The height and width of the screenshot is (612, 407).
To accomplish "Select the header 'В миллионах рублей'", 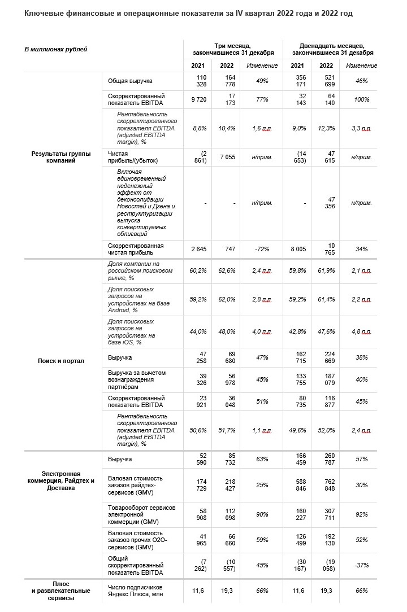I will pyautogui.click(x=56, y=50).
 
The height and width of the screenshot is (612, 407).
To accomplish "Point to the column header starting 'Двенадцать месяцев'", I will pyautogui.click(x=332, y=49).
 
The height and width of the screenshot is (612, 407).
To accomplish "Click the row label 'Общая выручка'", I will pyautogui.click(x=131, y=81).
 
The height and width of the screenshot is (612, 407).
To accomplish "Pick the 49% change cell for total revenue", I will pyautogui.click(x=262, y=81).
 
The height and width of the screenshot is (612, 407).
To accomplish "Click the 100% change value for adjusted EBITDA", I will pyautogui.click(x=361, y=99).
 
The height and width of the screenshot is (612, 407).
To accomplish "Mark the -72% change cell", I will pyautogui.click(x=262, y=249).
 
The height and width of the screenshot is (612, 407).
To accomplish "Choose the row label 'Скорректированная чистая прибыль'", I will pyautogui.click(x=136, y=249).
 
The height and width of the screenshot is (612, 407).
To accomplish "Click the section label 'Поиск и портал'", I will pyautogui.click(x=61, y=361).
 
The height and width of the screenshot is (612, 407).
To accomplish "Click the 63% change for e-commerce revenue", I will pyautogui.click(x=262, y=460).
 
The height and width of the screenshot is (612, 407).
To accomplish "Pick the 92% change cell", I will pyautogui.click(x=361, y=514).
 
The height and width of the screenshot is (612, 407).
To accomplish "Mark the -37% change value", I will pyautogui.click(x=361, y=565).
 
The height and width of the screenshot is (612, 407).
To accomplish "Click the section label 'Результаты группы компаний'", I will pyautogui.click(x=61, y=157).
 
